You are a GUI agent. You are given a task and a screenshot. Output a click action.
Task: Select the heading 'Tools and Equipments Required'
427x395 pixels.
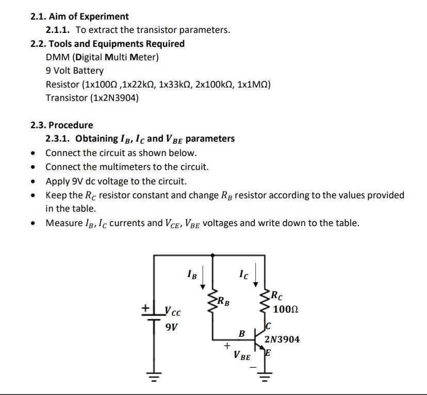[117, 44]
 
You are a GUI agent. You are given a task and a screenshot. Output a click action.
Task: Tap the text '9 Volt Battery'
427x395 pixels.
[75, 71]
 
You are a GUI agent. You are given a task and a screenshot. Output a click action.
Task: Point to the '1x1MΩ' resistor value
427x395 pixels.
[253, 84]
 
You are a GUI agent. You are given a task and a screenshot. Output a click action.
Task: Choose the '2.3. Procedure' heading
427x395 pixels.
[62, 125]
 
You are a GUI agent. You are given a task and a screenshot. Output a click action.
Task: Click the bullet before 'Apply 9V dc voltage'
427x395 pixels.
[34, 182]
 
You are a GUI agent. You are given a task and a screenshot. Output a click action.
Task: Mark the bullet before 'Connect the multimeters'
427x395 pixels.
[34, 167]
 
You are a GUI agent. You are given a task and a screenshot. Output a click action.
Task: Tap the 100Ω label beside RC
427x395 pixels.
[286, 310]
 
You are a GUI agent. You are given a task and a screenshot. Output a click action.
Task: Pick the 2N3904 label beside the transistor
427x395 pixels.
[282, 339]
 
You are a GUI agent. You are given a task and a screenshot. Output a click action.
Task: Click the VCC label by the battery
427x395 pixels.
[173, 312]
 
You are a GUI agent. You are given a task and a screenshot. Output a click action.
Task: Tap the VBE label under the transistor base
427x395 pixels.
[242, 356]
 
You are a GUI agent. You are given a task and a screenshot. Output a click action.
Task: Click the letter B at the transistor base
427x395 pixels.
[241, 334]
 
